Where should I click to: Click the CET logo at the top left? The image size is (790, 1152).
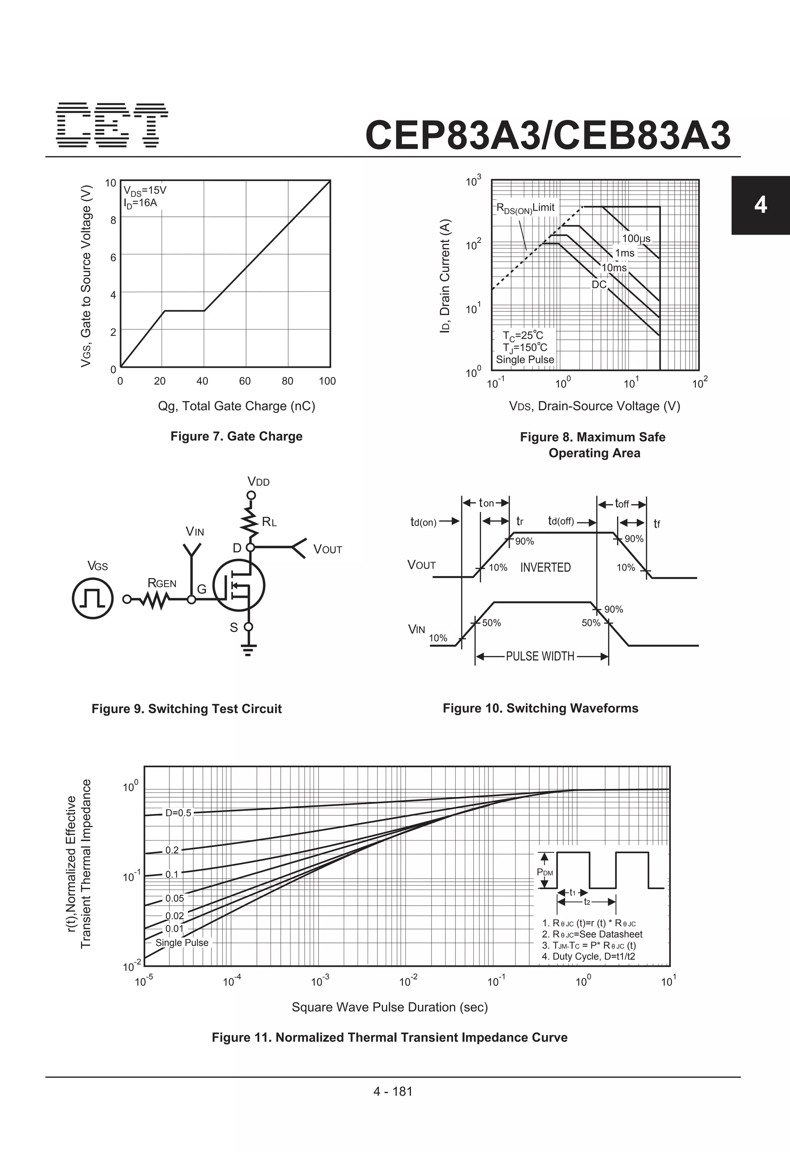coord(111,125)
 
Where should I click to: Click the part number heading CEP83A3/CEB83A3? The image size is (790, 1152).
coord(548,135)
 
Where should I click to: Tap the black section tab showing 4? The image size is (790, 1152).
coord(760,205)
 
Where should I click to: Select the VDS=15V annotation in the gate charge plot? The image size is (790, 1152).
coord(145,191)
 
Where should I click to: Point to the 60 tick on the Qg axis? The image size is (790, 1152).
coord(245,381)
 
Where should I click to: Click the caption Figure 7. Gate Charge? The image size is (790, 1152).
coord(236,436)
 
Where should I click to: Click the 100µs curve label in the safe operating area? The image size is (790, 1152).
coord(636,239)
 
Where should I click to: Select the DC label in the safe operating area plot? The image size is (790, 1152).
coord(599,284)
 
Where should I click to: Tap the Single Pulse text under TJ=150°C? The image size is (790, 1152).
coord(525,359)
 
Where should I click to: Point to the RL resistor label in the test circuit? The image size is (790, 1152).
coord(269,521)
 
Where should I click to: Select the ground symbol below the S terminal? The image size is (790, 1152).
coord(248,650)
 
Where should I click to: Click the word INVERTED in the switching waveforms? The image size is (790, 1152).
coord(545,567)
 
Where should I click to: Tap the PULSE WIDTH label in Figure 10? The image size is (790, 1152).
coord(540,656)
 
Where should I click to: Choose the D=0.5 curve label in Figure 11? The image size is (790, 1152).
coord(178,813)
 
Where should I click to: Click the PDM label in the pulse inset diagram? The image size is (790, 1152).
coord(545,873)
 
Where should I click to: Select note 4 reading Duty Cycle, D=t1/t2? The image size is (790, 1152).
coord(588,956)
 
